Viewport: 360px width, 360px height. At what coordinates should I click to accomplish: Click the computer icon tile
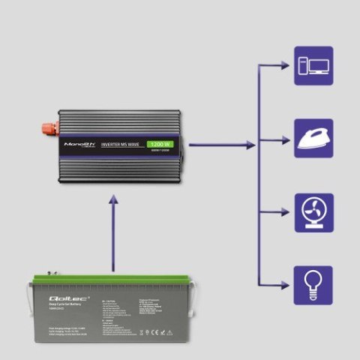(x=313, y=65)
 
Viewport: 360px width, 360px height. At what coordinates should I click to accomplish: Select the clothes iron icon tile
(x=313, y=137)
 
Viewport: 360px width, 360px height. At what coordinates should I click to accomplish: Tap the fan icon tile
(x=313, y=211)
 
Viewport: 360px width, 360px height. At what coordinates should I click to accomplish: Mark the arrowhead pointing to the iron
(x=286, y=138)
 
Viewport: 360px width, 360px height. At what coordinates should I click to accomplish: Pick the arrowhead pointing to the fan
(x=286, y=211)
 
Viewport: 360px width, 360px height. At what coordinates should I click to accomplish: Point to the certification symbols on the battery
(x=150, y=331)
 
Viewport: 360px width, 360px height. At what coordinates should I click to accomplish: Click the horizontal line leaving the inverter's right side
(x=217, y=144)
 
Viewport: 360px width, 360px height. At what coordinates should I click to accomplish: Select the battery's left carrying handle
(x=30, y=300)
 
